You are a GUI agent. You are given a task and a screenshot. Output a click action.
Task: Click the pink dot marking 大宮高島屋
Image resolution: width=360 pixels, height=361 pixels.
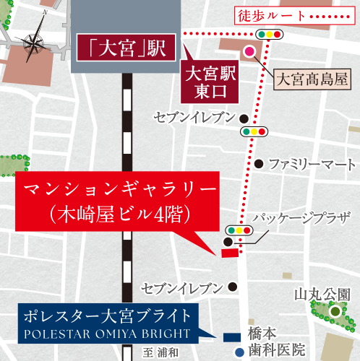(x=249, y=51)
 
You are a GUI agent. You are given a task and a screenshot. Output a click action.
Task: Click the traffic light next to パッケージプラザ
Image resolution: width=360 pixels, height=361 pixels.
(x=239, y=230)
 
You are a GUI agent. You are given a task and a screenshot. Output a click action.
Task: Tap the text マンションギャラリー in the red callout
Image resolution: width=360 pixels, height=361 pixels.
(x=120, y=191)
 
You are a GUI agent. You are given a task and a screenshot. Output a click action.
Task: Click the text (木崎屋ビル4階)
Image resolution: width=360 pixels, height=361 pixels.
(x=120, y=214)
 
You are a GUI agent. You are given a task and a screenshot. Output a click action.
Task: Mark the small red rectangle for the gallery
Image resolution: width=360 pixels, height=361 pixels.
(x=230, y=253)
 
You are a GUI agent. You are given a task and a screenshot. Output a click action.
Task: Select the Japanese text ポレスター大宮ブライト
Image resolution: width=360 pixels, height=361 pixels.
(x=107, y=316)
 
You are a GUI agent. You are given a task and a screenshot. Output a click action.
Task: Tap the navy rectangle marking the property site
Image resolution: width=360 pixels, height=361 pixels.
(x=233, y=336)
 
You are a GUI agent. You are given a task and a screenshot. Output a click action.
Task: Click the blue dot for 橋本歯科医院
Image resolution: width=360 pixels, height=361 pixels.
(x=239, y=352)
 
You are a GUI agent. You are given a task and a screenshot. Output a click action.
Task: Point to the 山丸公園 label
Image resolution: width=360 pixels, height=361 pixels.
(x=322, y=295)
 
